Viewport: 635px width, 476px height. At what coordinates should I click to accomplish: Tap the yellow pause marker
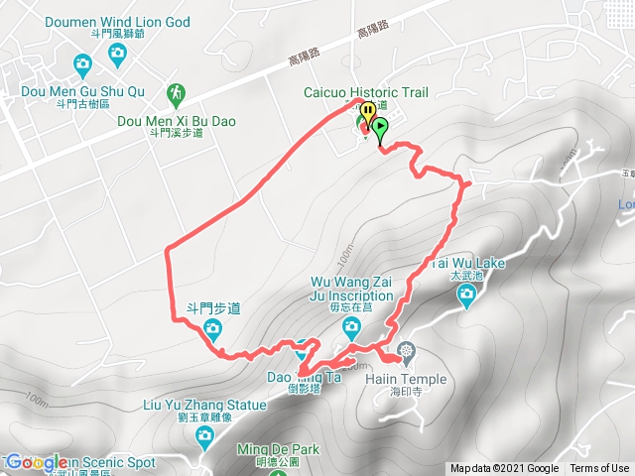click(x=367, y=112)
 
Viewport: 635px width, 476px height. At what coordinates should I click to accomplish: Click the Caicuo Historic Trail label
click(x=365, y=92)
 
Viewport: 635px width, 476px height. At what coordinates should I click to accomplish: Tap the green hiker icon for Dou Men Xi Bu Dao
click(x=176, y=92)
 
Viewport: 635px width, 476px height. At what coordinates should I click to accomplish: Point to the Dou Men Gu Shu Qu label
click(x=82, y=92)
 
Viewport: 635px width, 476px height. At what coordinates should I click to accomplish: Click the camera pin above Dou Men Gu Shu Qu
click(x=83, y=65)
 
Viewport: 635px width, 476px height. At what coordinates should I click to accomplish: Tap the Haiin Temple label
click(x=409, y=379)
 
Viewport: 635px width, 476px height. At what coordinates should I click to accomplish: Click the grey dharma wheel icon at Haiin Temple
click(x=406, y=350)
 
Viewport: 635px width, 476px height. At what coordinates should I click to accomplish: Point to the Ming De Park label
click(x=278, y=449)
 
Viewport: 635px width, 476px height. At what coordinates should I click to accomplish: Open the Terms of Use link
click(x=599, y=469)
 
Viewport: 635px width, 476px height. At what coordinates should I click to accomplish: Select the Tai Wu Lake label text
click(x=468, y=263)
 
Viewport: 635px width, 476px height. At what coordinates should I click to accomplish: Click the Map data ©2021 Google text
click(x=505, y=469)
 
